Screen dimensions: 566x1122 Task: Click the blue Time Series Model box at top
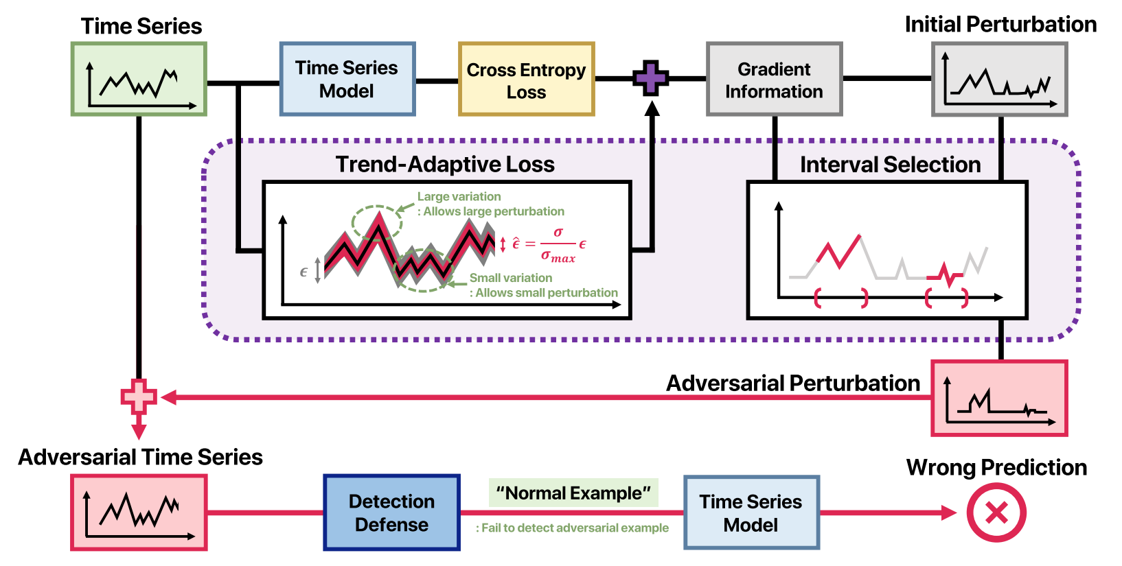click(x=347, y=79)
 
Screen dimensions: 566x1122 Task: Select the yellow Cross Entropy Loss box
click(x=526, y=80)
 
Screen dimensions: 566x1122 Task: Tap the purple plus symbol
click(x=650, y=78)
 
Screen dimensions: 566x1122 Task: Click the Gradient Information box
click(x=774, y=80)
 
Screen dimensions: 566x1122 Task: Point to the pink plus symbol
click(x=139, y=397)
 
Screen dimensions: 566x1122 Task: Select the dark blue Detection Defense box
click(x=391, y=512)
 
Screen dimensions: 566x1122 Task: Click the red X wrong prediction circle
click(x=996, y=512)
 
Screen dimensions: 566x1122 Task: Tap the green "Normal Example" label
click(x=573, y=493)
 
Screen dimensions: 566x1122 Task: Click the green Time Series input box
click(x=139, y=79)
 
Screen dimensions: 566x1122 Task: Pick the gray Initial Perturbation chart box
click(x=999, y=79)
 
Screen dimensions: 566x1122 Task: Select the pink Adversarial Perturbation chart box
click(x=999, y=399)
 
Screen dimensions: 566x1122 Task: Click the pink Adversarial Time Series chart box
click(x=139, y=512)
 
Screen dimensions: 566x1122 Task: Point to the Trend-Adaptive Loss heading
click(x=445, y=165)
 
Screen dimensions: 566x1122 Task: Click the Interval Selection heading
click(x=890, y=165)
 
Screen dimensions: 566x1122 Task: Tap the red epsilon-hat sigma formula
click(x=549, y=245)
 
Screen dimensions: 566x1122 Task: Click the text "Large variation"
click(x=459, y=197)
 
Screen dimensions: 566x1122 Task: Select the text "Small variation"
click(x=510, y=278)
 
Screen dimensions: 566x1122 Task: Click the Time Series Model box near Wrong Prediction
click(x=751, y=512)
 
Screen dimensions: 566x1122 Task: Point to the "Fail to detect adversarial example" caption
click(x=572, y=528)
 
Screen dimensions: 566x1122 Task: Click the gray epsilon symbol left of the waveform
click(x=304, y=272)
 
